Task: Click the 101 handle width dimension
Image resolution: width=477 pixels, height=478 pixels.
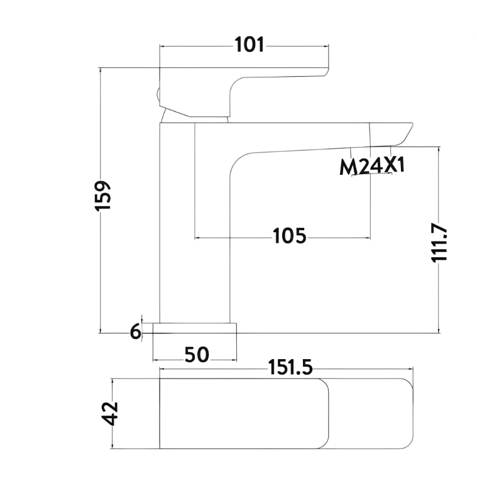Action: (x=249, y=45)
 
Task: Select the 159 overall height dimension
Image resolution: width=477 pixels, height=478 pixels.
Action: (x=102, y=196)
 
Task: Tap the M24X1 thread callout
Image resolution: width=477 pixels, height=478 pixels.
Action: (x=372, y=167)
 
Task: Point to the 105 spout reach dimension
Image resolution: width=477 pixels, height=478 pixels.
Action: (x=289, y=236)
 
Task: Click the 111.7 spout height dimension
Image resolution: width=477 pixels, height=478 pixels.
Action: (x=439, y=243)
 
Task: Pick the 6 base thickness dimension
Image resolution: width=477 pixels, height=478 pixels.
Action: (x=136, y=331)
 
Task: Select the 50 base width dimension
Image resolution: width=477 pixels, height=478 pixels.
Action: (x=197, y=355)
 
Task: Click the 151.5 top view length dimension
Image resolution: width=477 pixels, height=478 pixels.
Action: (x=290, y=367)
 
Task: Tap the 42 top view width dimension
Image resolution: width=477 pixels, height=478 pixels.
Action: (x=109, y=413)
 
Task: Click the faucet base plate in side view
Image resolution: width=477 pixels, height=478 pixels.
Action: (x=195, y=328)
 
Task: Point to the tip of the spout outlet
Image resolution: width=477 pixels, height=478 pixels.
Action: (x=412, y=123)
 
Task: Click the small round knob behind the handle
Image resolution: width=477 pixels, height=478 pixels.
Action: (x=158, y=94)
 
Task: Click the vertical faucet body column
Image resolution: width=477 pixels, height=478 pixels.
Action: (x=195, y=223)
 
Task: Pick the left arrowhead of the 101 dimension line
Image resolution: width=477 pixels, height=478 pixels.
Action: (x=162, y=47)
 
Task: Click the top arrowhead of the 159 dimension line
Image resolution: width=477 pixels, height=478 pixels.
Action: (x=100, y=70)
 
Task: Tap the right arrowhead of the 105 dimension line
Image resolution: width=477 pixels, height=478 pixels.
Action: (x=368, y=238)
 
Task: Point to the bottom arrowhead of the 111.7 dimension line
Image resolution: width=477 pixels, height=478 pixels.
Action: (x=439, y=331)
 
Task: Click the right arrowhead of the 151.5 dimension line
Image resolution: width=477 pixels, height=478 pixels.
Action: (x=411, y=369)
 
